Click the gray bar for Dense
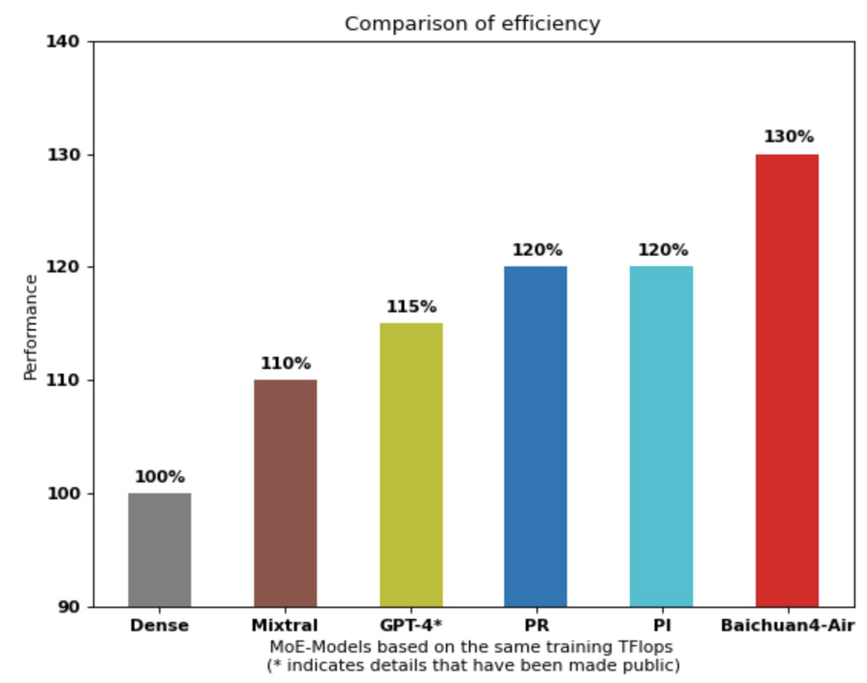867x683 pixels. coord(160,550)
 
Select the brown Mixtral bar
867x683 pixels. coord(286,493)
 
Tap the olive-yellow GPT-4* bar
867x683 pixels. coord(411,465)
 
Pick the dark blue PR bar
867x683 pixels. coord(535,436)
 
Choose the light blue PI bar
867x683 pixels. coord(662,436)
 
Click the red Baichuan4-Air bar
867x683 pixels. coord(787,380)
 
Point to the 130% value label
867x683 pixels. coord(788,137)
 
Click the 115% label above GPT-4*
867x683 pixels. coord(411,307)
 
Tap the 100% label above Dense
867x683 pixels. coord(160,477)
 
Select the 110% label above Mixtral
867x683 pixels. coord(286,363)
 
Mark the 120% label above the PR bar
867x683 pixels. coord(537,250)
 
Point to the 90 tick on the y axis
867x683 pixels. coord(70,607)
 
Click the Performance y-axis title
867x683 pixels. coord(31,327)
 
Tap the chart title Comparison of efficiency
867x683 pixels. coord(472,24)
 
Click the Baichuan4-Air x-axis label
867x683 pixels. coord(787,625)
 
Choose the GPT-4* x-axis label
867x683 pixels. coord(411,625)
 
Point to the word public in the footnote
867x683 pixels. coord(653,665)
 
